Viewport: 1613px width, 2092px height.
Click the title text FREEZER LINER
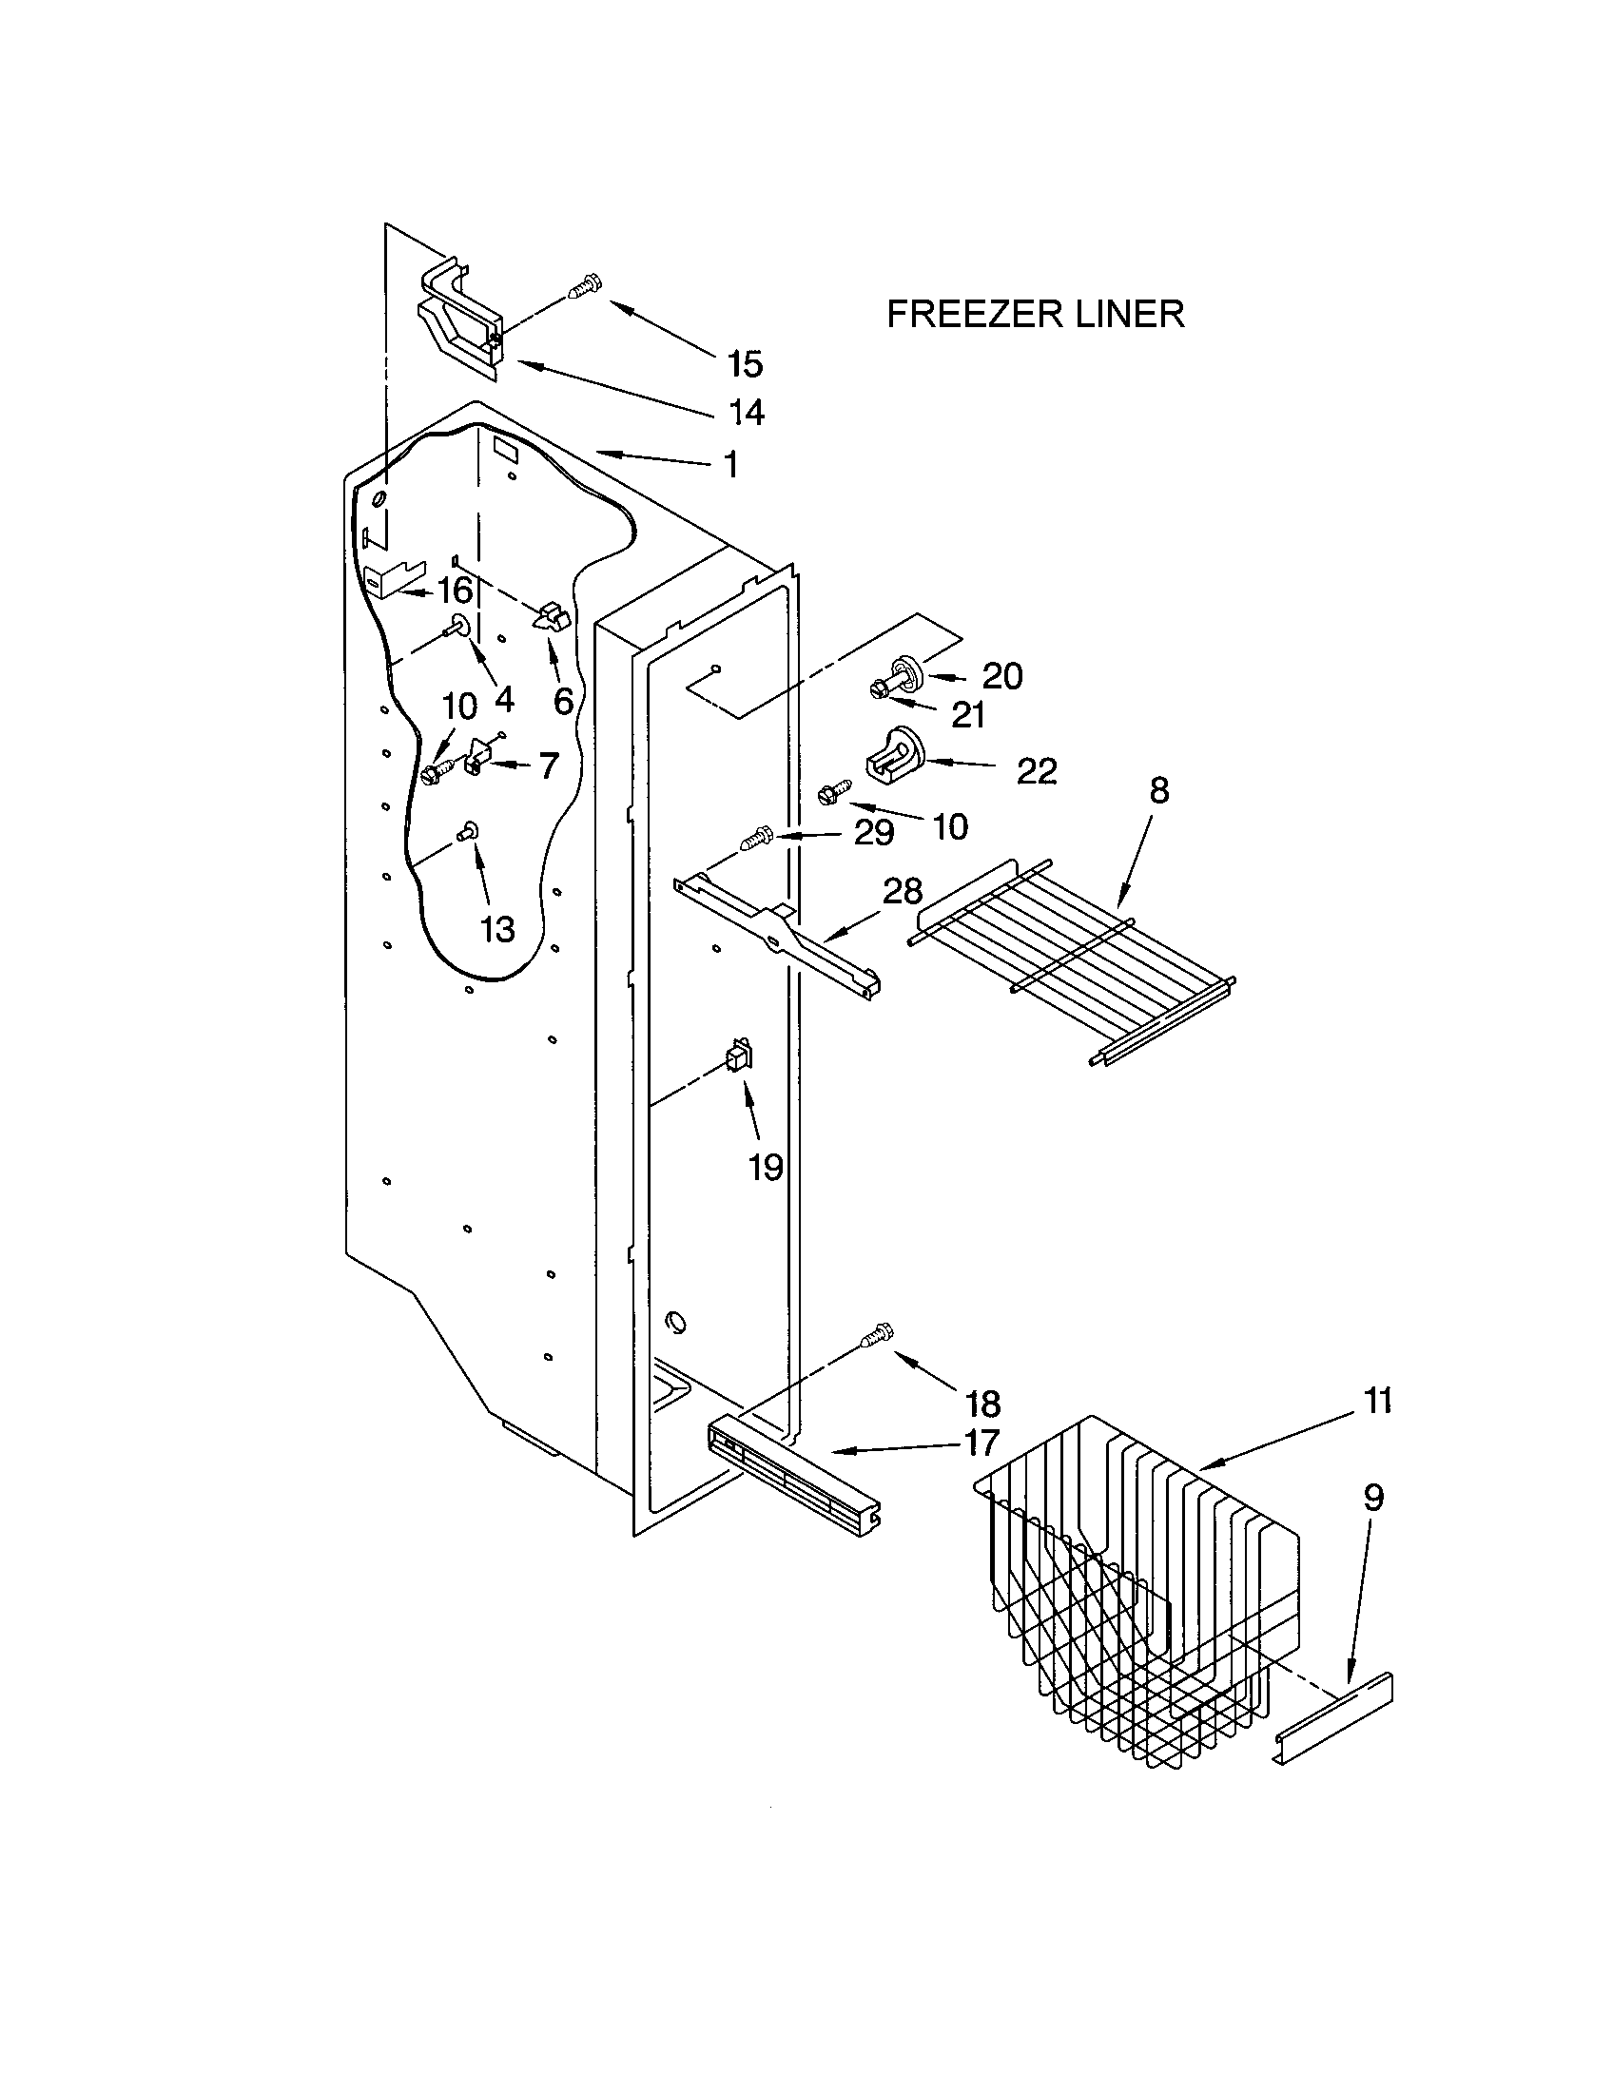(1035, 314)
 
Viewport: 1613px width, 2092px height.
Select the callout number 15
(745, 364)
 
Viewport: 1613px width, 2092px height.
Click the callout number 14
(747, 413)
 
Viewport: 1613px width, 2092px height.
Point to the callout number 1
(730, 465)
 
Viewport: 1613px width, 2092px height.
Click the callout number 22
(1036, 770)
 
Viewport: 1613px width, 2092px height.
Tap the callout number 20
(1001, 676)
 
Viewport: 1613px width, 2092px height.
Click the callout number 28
(902, 891)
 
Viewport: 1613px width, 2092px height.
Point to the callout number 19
(766, 1168)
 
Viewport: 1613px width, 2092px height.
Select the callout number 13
(497, 928)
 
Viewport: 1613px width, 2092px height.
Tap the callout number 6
(563, 701)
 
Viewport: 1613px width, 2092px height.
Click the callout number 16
(455, 591)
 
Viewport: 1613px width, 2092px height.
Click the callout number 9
(1372, 1498)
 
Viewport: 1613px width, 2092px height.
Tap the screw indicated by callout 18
(879, 1334)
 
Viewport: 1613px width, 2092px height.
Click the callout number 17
(981, 1443)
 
